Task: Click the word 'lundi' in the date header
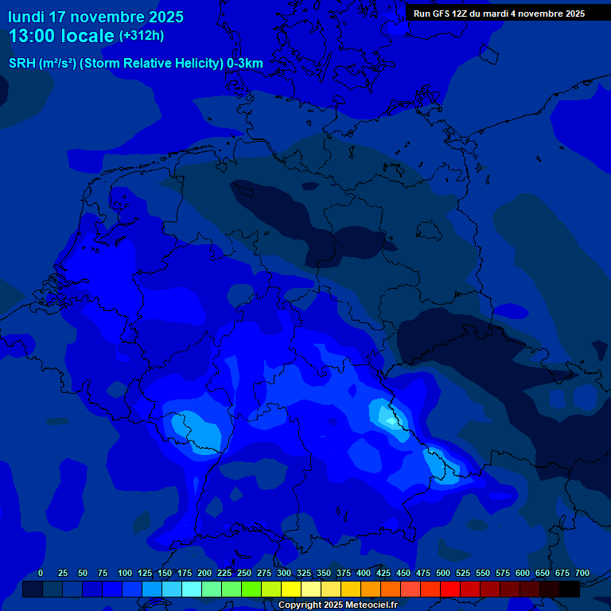tap(26, 17)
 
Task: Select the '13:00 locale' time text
tap(61, 36)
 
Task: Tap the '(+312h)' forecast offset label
tap(142, 36)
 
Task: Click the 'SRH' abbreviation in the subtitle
tap(21, 64)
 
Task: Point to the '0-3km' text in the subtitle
tap(245, 64)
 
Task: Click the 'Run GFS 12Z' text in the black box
tap(441, 14)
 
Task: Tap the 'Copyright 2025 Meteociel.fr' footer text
tap(337, 605)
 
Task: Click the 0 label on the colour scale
tap(41, 574)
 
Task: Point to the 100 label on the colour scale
tap(125, 574)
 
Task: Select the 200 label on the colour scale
tap(204, 574)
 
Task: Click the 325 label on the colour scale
tap(304, 574)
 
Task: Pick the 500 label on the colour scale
tap(443, 574)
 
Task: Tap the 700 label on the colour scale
tap(582, 574)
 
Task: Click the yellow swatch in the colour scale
tap(291, 590)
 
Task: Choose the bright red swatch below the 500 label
tap(450, 590)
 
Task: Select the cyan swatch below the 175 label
tap(192, 590)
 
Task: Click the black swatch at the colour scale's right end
tap(570, 590)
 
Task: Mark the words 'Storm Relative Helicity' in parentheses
tap(151, 64)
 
